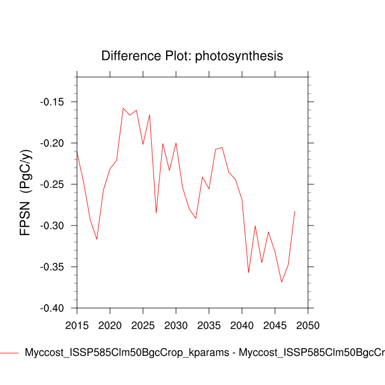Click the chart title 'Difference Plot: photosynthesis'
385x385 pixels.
[x=192, y=56]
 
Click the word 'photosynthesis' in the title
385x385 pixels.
[x=239, y=56]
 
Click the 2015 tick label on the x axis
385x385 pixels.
[x=77, y=325]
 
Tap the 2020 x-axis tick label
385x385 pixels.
[x=110, y=325]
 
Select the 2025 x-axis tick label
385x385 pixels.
[x=143, y=325]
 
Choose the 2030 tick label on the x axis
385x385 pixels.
[x=176, y=325]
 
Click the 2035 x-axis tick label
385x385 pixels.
[x=209, y=325]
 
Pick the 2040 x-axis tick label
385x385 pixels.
[x=242, y=325]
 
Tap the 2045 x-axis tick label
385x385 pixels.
[x=275, y=325]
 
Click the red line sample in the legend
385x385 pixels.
[x=9, y=353]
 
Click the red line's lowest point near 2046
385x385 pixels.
[x=282, y=282]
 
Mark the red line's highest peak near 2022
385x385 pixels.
[x=123, y=108]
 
